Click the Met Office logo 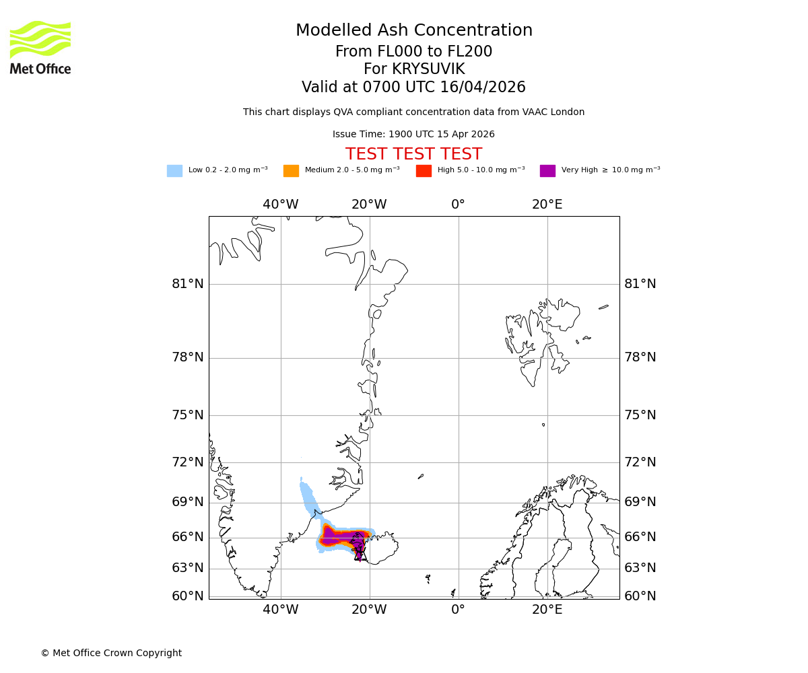point(40,47)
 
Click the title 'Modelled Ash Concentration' point(413,30)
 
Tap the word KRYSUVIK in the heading point(428,69)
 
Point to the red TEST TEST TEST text point(413,154)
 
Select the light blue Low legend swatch point(174,170)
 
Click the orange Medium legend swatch point(291,170)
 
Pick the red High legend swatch point(424,170)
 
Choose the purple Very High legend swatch point(547,170)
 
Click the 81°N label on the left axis point(188,284)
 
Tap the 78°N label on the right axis point(640,357)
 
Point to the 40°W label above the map point(280,205)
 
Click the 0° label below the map point(458,610)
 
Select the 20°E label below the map point(547,610)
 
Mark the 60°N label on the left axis point(188,596)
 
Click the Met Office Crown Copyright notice point(111,653)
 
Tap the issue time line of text point(413,135)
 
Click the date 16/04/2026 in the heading point(483,87)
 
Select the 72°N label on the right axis point(640,462)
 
